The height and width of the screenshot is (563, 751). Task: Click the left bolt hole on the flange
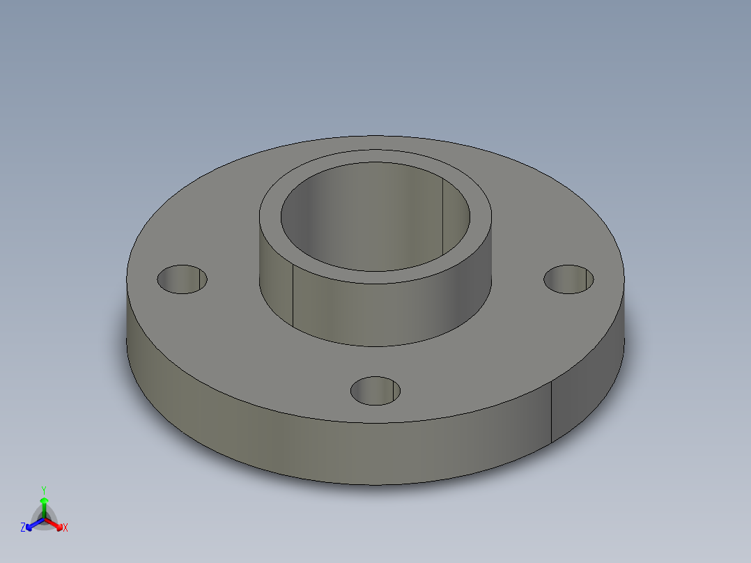tap(182, 279)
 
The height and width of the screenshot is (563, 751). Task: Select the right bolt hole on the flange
tap(568, 279)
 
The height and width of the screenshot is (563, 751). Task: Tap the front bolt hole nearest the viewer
tap(375, 391)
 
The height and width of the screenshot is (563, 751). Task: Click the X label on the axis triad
tap(65, 528)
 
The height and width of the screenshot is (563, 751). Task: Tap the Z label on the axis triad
tap(23, 528)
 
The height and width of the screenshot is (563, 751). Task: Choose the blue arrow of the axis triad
tap(32, 524)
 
